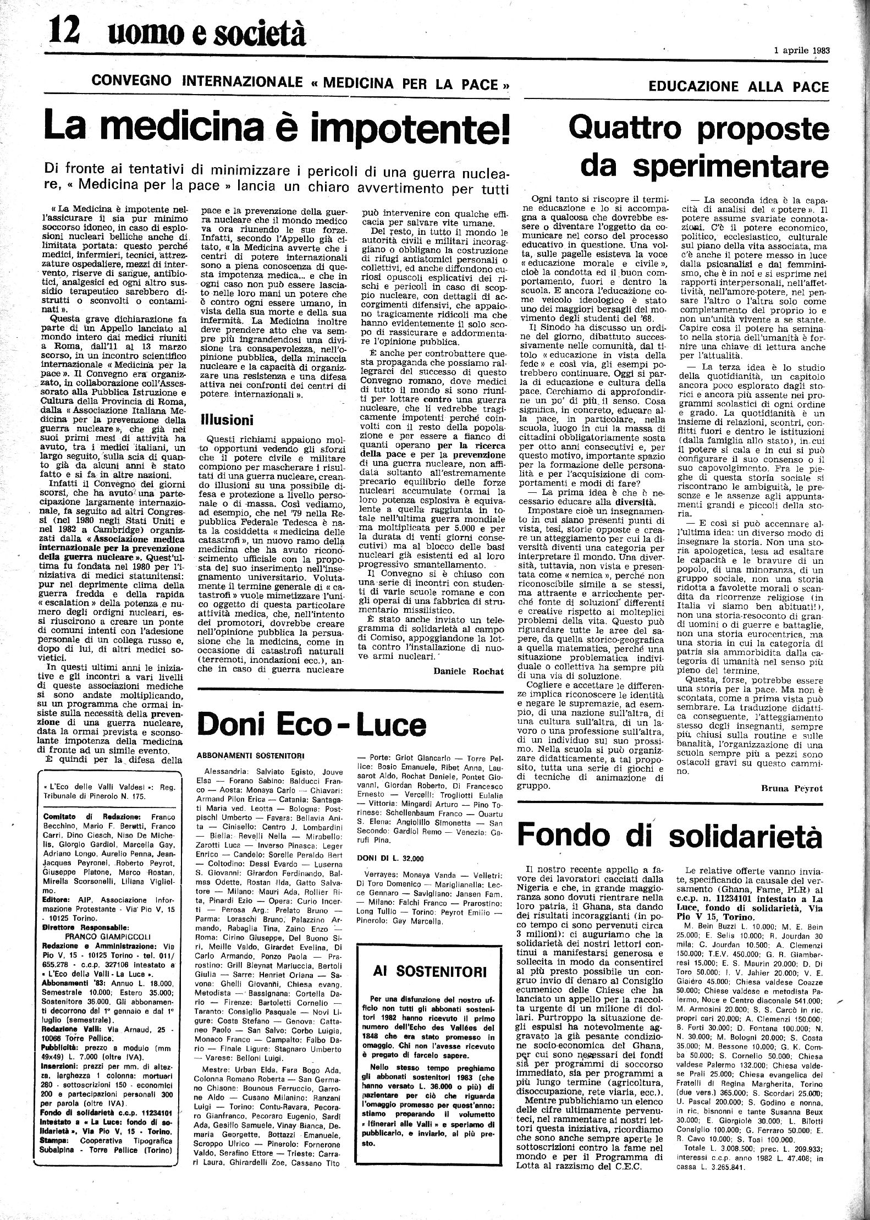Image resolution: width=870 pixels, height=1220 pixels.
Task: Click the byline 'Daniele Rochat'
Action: (x=469, y=671)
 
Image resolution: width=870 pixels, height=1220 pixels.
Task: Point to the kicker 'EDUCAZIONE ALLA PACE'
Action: (x=738, y=87)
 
